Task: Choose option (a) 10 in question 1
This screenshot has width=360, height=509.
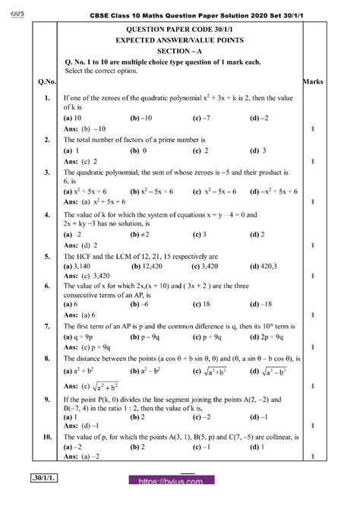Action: pos(73,119)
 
